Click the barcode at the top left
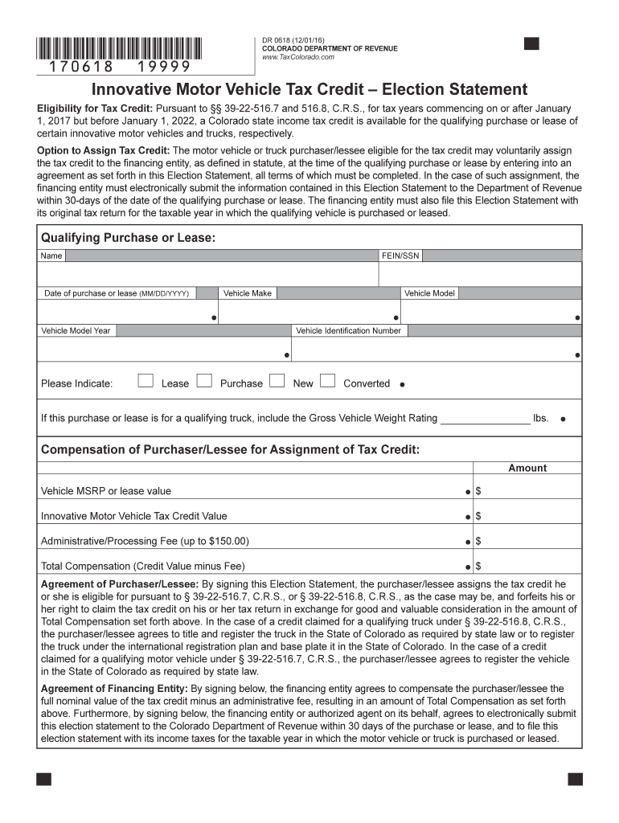tap(120, 48)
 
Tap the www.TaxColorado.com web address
tap(298, 58)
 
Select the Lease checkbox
tap(146, 381)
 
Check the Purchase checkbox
tap(204, 381)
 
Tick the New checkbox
tap(277, 381)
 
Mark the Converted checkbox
tap(327, 381)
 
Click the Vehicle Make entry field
tap(309, 312)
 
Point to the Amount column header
tap(527, 468)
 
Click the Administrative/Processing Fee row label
tap(145, 541)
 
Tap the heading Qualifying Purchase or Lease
tap(128, 238)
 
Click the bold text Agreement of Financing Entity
tap(114, 689)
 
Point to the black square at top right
tap(531, 43)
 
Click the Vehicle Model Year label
tap(76, 330)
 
